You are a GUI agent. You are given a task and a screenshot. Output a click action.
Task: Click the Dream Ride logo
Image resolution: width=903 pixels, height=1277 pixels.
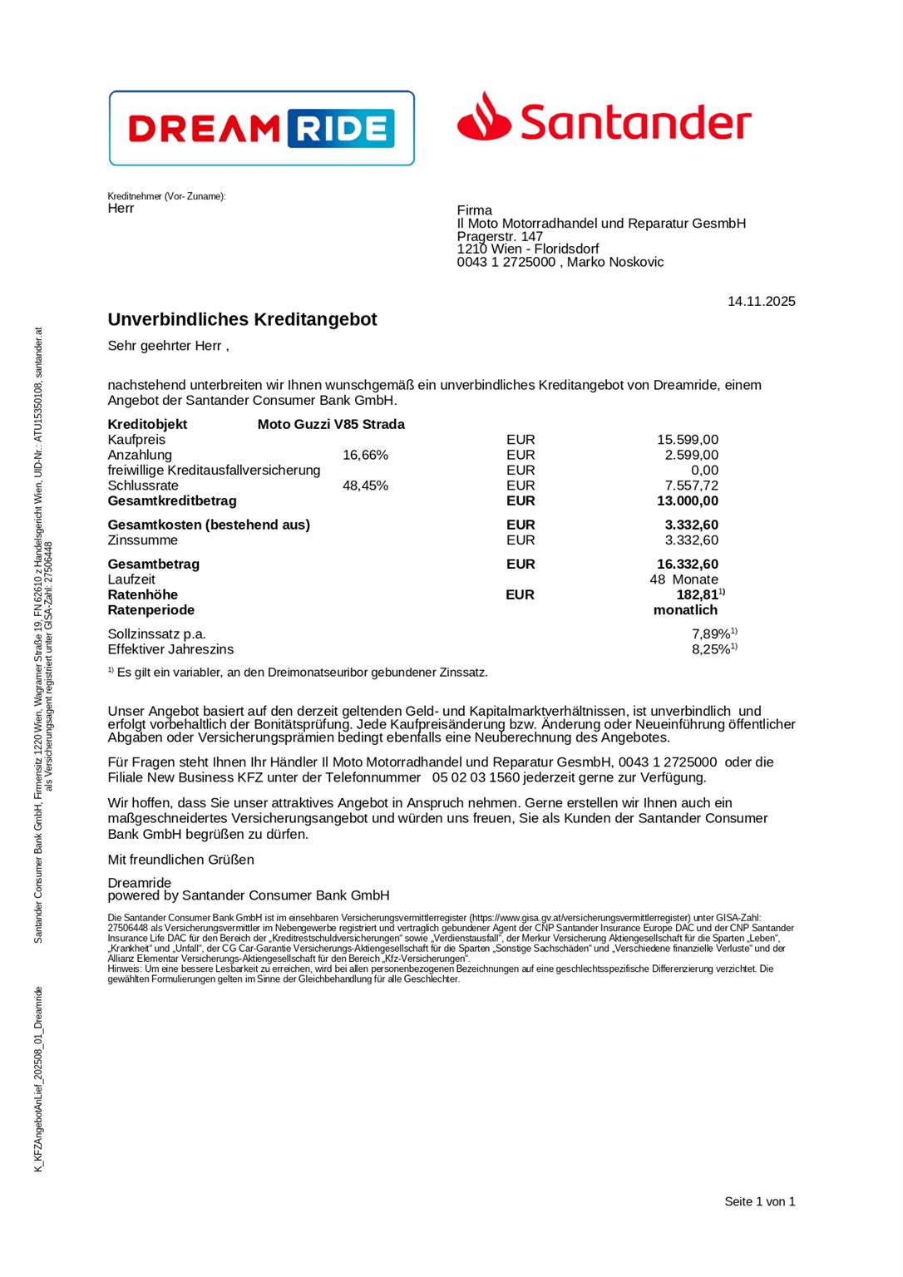261,128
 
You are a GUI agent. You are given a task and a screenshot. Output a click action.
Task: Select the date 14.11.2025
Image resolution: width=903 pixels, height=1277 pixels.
761,301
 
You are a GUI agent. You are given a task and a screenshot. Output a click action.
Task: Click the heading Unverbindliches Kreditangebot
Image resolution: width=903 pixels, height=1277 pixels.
242,319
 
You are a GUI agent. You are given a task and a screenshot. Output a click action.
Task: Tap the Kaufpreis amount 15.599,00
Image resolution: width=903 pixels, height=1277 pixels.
687,440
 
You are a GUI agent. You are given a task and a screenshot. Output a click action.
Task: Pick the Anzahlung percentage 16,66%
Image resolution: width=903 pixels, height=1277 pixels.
365,455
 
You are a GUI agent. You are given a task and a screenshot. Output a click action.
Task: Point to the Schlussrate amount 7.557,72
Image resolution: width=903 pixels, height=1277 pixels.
691,486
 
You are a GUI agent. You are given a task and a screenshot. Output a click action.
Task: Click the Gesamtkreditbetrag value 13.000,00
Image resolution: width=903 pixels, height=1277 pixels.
687,500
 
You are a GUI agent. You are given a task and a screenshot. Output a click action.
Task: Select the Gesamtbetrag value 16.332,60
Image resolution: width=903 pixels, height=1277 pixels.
687,564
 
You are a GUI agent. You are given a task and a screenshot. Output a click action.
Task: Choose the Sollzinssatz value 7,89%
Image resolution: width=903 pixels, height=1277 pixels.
711,634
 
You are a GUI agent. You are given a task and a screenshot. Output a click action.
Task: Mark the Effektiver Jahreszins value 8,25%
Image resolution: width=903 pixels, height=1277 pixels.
711,649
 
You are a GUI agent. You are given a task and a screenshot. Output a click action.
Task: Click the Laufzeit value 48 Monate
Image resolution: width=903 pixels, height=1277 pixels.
683,579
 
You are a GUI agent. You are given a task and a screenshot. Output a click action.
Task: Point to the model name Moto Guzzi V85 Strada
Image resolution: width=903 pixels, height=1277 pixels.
331,424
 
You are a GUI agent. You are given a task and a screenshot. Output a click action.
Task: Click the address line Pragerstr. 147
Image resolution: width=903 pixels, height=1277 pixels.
500,236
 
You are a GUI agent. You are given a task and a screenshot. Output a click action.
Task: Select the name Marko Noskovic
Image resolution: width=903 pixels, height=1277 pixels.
615,262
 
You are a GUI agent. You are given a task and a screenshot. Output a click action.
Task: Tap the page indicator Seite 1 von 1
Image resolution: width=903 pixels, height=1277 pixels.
759,1201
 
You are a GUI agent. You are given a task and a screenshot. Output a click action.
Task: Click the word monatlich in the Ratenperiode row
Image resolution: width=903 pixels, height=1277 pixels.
685,609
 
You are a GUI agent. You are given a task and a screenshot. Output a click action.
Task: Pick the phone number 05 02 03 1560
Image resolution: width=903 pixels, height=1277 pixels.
476,777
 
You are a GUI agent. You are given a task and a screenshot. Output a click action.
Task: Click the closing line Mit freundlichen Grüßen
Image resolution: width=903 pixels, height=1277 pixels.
180,860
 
